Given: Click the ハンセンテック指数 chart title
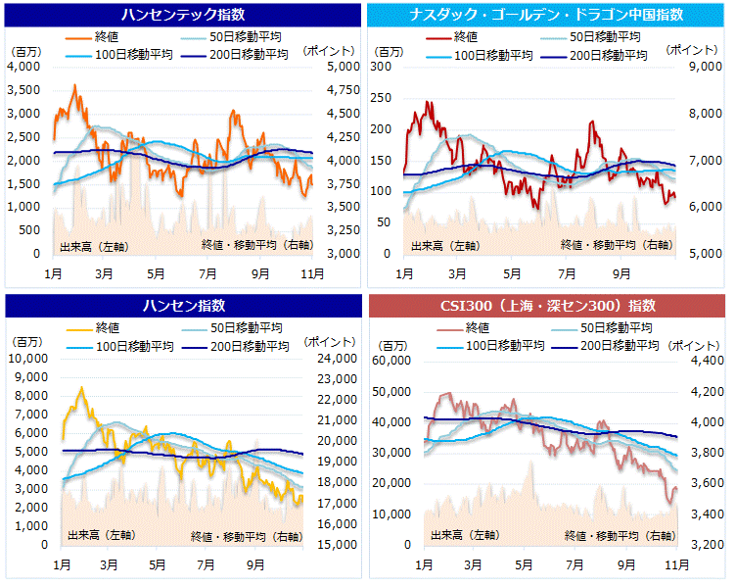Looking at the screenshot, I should click(183, 15).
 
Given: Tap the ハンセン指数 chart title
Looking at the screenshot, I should click(183, 306).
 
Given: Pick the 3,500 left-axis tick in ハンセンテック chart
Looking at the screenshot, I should click(23, 90).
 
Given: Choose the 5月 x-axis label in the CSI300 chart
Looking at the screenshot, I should click(523, 564).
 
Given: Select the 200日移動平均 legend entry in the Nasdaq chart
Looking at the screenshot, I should click(608, 55).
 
